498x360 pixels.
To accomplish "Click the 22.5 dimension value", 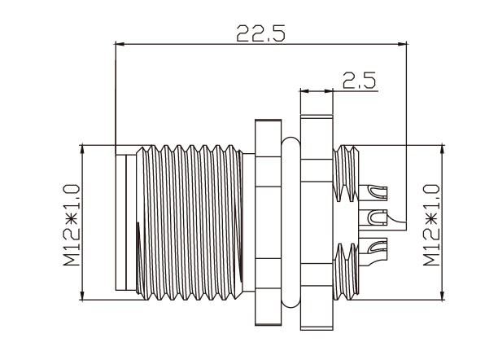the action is pos(260,33).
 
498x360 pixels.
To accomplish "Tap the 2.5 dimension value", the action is pos(359,81).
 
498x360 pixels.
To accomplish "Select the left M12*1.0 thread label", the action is pos(72,225).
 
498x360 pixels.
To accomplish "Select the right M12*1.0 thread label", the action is pos(431,225).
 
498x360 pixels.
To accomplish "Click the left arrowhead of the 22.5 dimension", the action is pos(119,44).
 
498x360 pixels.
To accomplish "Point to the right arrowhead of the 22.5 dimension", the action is pos(403,44).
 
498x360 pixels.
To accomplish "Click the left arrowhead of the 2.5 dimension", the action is pos(304,91).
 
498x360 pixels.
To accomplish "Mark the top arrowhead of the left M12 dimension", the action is pos(82,150).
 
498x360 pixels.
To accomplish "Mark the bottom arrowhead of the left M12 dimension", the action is pos(82,295).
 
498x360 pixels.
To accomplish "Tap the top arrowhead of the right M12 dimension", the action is pos(442,150).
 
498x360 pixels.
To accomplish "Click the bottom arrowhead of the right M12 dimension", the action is pos(442,295).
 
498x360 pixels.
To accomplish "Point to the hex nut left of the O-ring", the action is pos(268,222).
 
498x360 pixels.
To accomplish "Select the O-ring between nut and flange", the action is pos(291,222).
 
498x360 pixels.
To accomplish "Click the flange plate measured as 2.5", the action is pos(317,222).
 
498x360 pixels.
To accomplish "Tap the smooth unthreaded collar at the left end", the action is pos(126,222).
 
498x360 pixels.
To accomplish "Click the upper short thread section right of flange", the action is pos(346,173).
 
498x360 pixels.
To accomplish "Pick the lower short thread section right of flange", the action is pos(346,272).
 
